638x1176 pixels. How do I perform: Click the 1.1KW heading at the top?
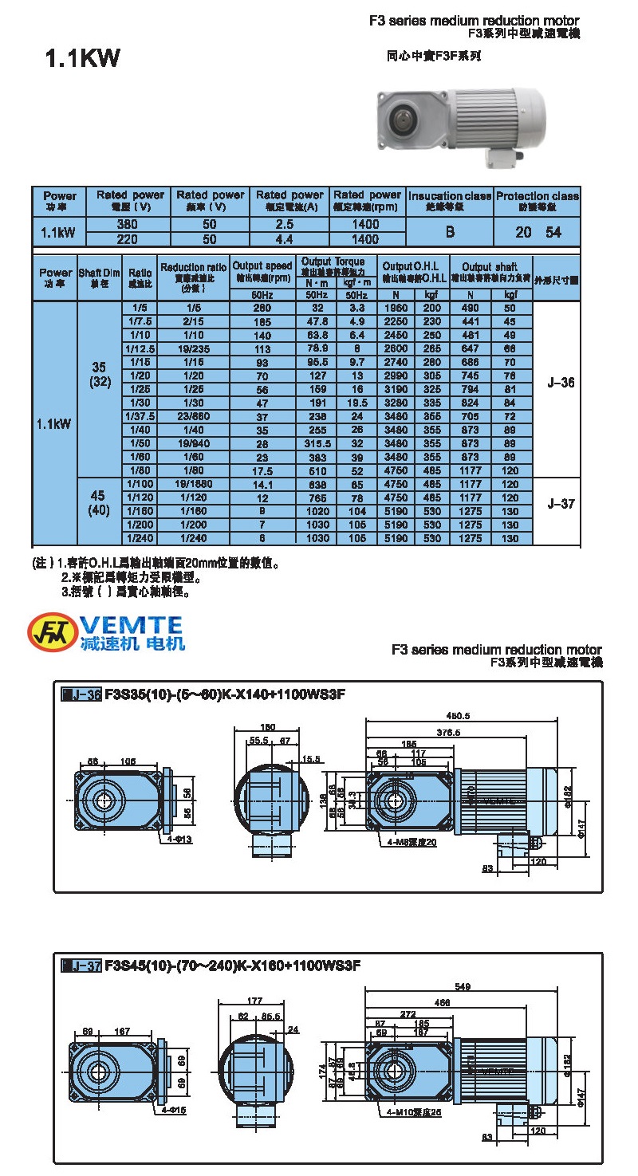coord(82,59)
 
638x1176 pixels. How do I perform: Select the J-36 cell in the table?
coord(561,383)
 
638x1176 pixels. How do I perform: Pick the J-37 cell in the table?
coord(561,504)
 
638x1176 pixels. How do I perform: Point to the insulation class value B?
coord(450,232)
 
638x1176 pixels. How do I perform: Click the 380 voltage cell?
coord(128,225)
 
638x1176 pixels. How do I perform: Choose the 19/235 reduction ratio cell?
coord(194,348)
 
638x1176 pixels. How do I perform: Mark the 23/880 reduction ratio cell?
coord(194,416)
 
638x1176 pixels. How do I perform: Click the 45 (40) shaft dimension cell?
coord(98,504)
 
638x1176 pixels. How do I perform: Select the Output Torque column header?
coord(333,262)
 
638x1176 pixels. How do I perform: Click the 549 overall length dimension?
coord(463,986)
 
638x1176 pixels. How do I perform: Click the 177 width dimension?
coord(255,1001)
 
